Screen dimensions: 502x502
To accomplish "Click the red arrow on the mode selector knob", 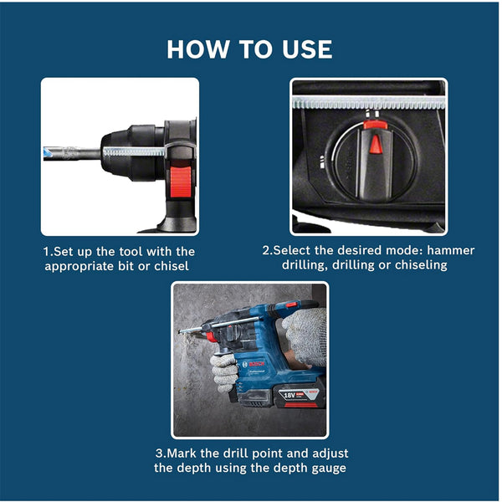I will point(376,144).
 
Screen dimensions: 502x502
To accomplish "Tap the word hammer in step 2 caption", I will point(450,250).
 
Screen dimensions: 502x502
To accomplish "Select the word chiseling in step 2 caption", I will point(418,265).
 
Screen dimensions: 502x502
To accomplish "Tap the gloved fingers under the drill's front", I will point(224,368).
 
